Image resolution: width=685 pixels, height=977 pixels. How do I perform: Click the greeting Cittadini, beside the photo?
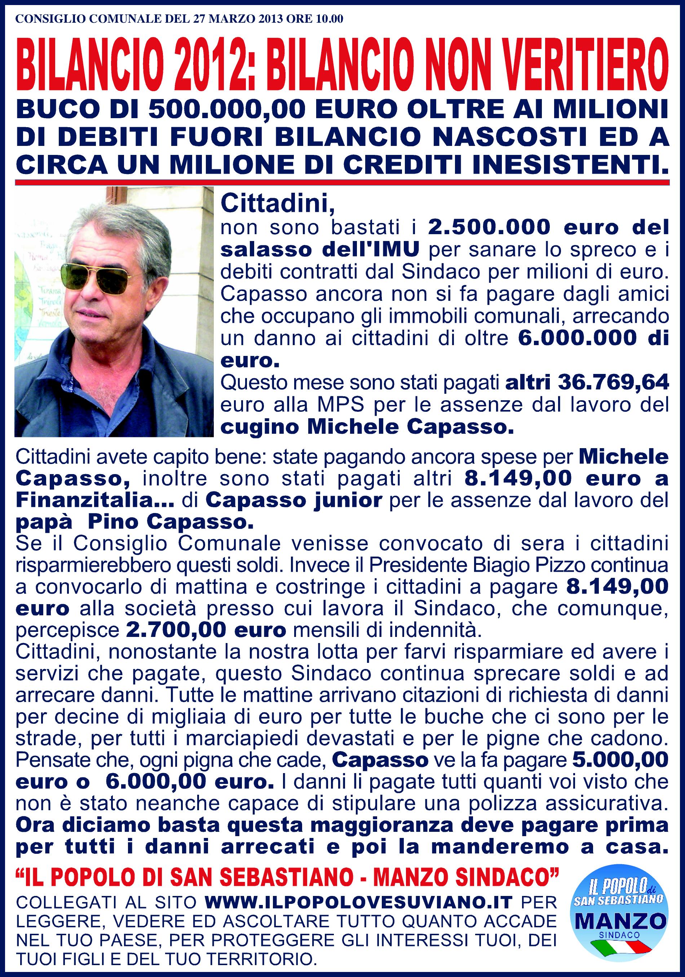[x=278, y=204]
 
